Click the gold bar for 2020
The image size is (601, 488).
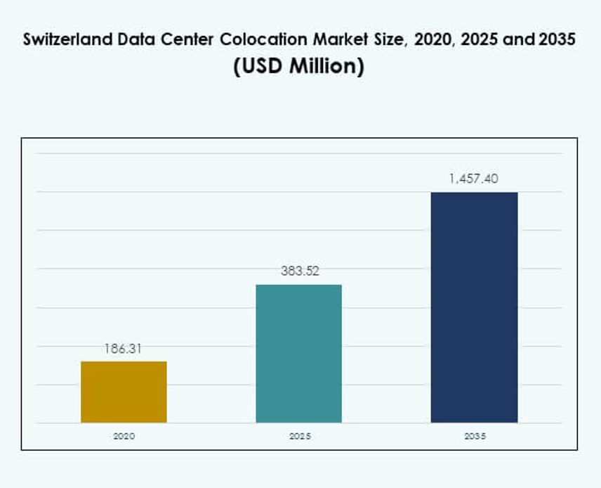pos(124,392)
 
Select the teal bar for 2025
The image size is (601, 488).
pos(298,353)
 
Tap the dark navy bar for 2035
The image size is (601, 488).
pos(474,307)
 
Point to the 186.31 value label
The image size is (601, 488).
pos(124,348)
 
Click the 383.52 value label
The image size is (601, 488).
pos(298,271)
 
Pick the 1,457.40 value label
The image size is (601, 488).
pos(474,179)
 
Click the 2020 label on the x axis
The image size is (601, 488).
pos(124,436)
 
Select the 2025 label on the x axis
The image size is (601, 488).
pos(299,436)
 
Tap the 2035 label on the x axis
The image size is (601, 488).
pos(475,436)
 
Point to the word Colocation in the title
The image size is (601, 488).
pos(260,40)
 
